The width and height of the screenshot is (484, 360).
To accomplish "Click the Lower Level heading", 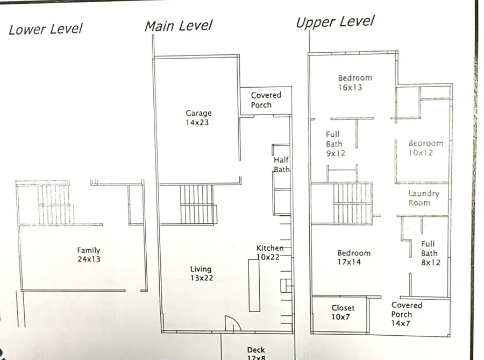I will (x=46, y=29).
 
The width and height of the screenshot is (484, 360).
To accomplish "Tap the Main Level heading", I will (x=178, y=25).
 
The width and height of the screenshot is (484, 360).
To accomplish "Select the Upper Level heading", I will (x=334, y=22).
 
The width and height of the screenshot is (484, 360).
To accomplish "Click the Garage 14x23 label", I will (x=198, y=118).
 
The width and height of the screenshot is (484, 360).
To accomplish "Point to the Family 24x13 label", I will (x=88, y=255).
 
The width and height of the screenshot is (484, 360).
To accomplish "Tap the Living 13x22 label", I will (x=201, y=273).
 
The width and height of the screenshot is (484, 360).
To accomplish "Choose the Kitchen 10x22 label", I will (x=270, y=252).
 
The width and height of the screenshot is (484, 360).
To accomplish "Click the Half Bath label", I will (x=281, y=165).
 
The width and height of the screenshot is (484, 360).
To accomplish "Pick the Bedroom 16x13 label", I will (x=354, y=82).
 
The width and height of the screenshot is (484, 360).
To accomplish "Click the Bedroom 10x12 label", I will (x=425, y=148).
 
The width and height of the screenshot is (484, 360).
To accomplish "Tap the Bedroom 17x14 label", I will (x=353, y=258).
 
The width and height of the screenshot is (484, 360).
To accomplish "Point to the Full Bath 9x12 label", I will (x=334, y=144).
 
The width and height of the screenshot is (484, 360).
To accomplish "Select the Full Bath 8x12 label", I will (x=429, y=253).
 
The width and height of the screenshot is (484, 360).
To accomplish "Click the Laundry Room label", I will (x=423, y=198).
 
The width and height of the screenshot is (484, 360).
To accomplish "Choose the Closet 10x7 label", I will (x=343, y=312).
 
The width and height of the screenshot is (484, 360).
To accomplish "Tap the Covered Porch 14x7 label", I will (x=407, y=314).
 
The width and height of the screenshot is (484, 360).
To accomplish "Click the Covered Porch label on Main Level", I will (x=266, y=100).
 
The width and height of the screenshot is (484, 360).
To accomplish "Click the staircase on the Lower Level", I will (x=55, y=205).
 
